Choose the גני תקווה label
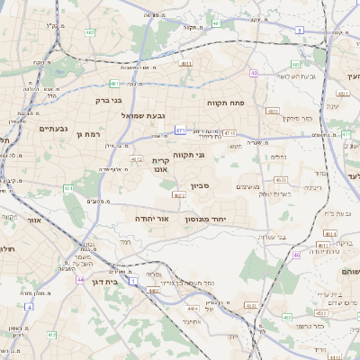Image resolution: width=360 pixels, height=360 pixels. [188, 155]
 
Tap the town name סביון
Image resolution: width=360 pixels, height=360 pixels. [200, 185]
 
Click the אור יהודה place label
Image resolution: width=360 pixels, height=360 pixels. [150, 219]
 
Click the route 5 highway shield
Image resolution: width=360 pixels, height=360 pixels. [298, 29]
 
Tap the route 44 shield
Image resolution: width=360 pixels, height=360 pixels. [80, 280]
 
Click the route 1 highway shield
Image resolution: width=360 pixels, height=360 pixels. [133, 282]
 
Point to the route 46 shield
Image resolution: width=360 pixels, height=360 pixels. [297, 255]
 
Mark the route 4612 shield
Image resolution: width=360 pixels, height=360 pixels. [137, 159]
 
